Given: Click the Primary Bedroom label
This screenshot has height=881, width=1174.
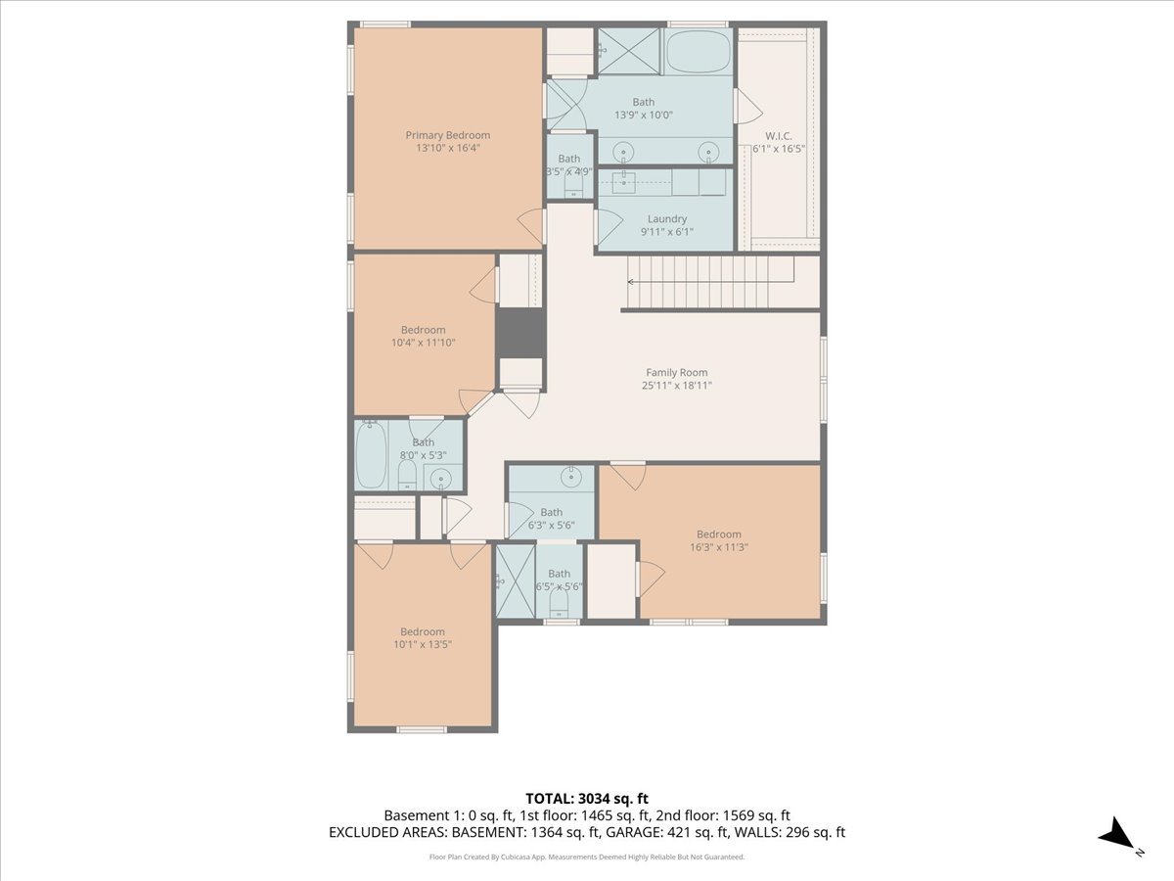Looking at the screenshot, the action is (448, 135).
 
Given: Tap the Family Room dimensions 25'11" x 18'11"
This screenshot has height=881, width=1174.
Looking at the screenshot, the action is (677, 385).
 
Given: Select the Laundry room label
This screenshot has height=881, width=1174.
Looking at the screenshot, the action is (667, 218).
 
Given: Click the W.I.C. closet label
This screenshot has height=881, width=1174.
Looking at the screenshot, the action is (778, 136).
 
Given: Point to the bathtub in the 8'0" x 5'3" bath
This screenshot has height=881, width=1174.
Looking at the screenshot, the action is (371, 454).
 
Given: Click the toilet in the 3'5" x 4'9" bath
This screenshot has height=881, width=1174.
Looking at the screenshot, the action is (573, 187).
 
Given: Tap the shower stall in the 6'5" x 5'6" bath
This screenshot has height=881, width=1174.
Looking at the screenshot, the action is (516, 580).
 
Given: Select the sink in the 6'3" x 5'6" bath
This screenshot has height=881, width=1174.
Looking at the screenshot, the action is (571, 477).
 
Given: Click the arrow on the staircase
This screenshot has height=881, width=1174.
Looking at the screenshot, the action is (711, 282).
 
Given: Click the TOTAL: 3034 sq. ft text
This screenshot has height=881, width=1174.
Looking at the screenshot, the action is (587, 799).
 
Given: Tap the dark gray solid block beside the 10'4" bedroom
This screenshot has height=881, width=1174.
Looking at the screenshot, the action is (520, 333).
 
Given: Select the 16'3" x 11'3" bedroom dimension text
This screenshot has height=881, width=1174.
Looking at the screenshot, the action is (719, 547).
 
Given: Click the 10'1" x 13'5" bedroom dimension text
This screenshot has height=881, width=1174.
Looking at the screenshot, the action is (423, 644).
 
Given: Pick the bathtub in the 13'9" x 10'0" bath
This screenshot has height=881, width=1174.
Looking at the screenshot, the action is (698, 52).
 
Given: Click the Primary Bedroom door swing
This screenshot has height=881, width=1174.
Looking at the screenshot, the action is (531, 226).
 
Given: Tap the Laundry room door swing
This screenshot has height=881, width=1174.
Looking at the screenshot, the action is (610, 226).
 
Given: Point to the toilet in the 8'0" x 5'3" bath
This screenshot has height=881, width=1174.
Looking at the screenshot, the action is (408, 475).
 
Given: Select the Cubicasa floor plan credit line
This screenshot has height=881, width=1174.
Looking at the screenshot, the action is (587, 857).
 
